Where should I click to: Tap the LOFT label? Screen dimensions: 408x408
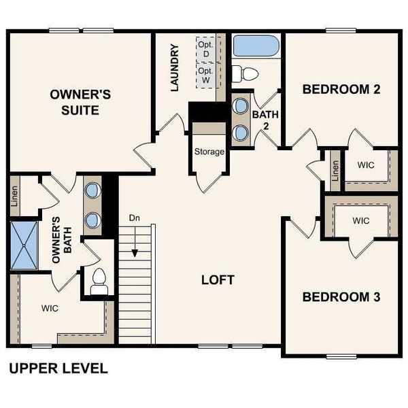[218, 279]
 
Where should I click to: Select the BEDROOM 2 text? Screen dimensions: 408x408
[341, 89]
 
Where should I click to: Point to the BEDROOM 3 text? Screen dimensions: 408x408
[341, 297]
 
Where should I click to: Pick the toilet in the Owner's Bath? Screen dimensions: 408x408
[99, 281]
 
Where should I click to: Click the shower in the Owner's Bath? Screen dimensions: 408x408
[25, 244]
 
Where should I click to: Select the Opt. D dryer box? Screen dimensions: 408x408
[205, 48]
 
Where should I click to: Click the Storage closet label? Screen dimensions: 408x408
[209, 152]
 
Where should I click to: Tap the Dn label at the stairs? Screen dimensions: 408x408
[135, 218]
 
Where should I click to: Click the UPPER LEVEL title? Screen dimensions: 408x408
[58, 369]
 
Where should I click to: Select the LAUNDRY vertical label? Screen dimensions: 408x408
[175, 68]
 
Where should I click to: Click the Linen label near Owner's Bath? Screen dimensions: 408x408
[15, 195]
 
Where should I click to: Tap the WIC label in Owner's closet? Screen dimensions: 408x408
[50, 308]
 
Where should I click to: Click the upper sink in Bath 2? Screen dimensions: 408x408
[240, 106]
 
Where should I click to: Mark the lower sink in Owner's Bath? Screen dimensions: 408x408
[92, 220]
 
